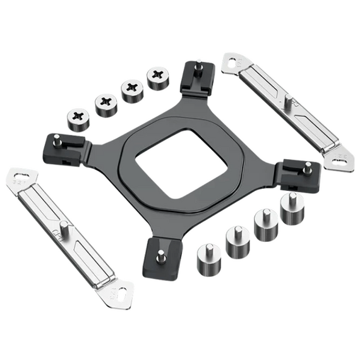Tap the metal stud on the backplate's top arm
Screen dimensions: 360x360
click(199, 65)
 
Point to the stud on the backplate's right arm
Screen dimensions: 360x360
click(307, 168)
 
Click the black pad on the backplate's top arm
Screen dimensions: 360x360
click(198, 78)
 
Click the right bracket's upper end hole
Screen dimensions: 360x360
click(234, 61)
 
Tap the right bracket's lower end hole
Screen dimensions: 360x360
click(342, 156)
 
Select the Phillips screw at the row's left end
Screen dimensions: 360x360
click(79, 117)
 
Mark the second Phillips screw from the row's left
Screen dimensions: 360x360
click(105, 104)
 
